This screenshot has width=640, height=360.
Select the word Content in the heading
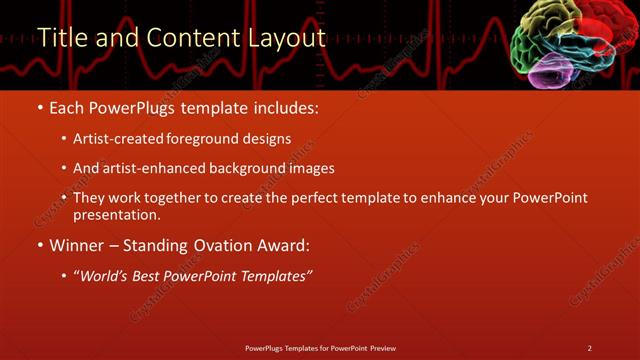(x=190, y=38)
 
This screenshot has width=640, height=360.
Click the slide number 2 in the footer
(x=590, y=348)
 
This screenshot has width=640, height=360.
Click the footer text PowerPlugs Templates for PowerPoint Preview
(x=320, y=348)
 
